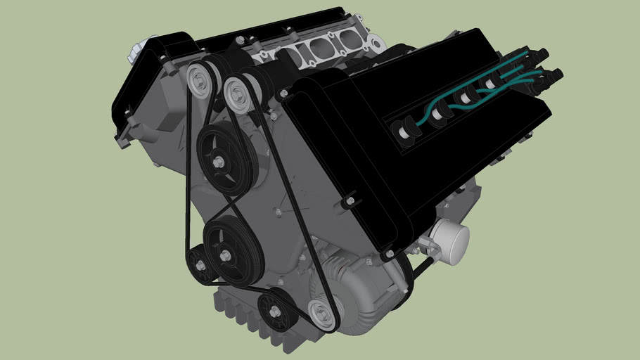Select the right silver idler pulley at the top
pos(238,92)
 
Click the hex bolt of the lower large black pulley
pos(225,255)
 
